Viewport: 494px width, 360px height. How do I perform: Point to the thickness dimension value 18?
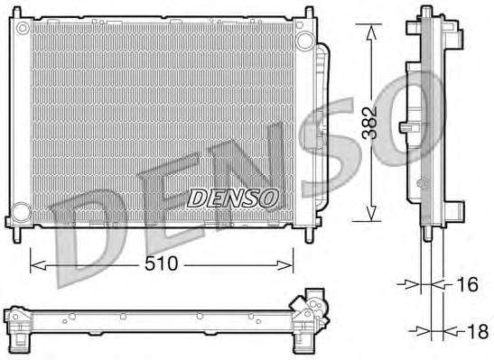click(476, 331)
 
